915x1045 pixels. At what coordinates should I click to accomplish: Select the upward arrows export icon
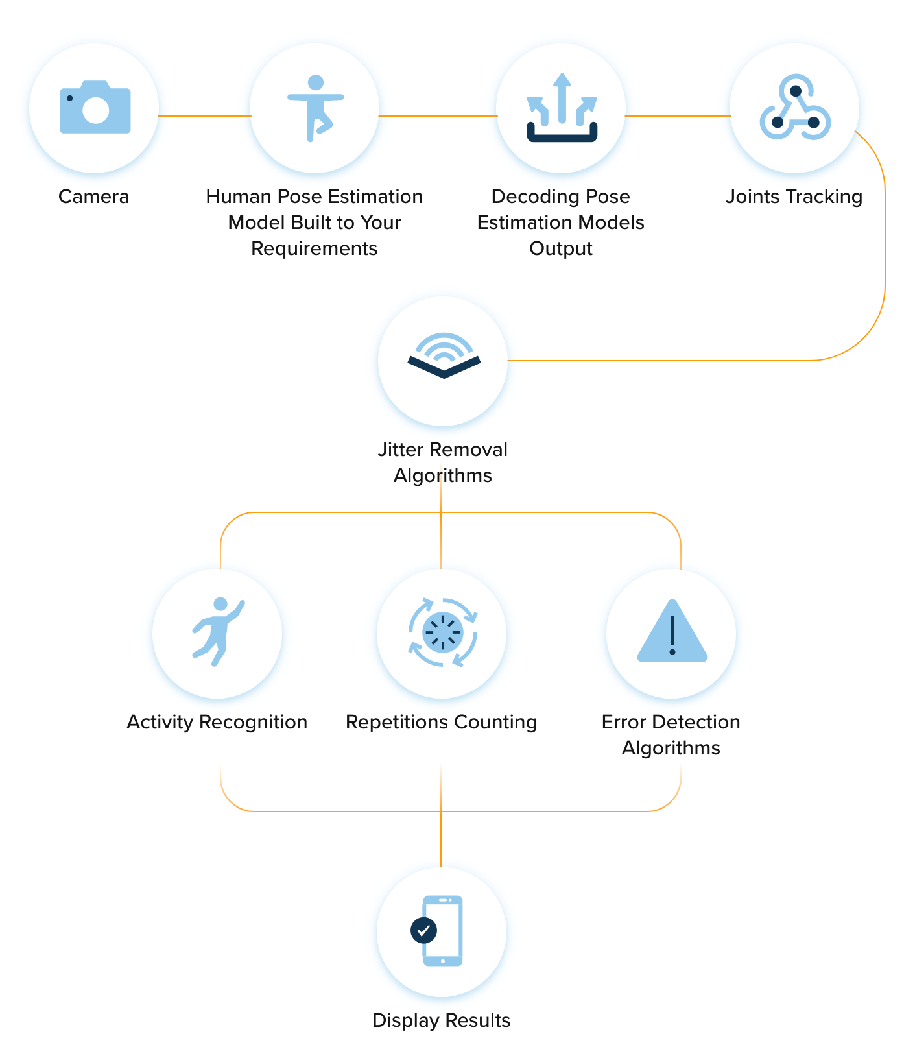point(562,108)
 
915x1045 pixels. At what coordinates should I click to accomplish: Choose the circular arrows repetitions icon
point(442,632)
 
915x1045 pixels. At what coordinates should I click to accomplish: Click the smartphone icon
point(443,931)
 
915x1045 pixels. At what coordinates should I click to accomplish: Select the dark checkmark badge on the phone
point(424,931)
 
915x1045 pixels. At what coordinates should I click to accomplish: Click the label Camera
point(94,197)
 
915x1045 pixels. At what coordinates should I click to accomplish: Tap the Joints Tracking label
point(794,197)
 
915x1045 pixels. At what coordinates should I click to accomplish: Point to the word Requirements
point(315,248)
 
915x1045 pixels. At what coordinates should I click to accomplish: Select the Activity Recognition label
point(217,722)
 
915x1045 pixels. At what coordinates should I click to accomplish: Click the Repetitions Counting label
point(442,722)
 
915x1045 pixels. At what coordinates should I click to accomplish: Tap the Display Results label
point(442,1020)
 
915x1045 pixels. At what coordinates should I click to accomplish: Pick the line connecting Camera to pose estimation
point(205,116)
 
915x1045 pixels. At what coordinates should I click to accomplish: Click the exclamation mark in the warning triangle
point(672,635)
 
